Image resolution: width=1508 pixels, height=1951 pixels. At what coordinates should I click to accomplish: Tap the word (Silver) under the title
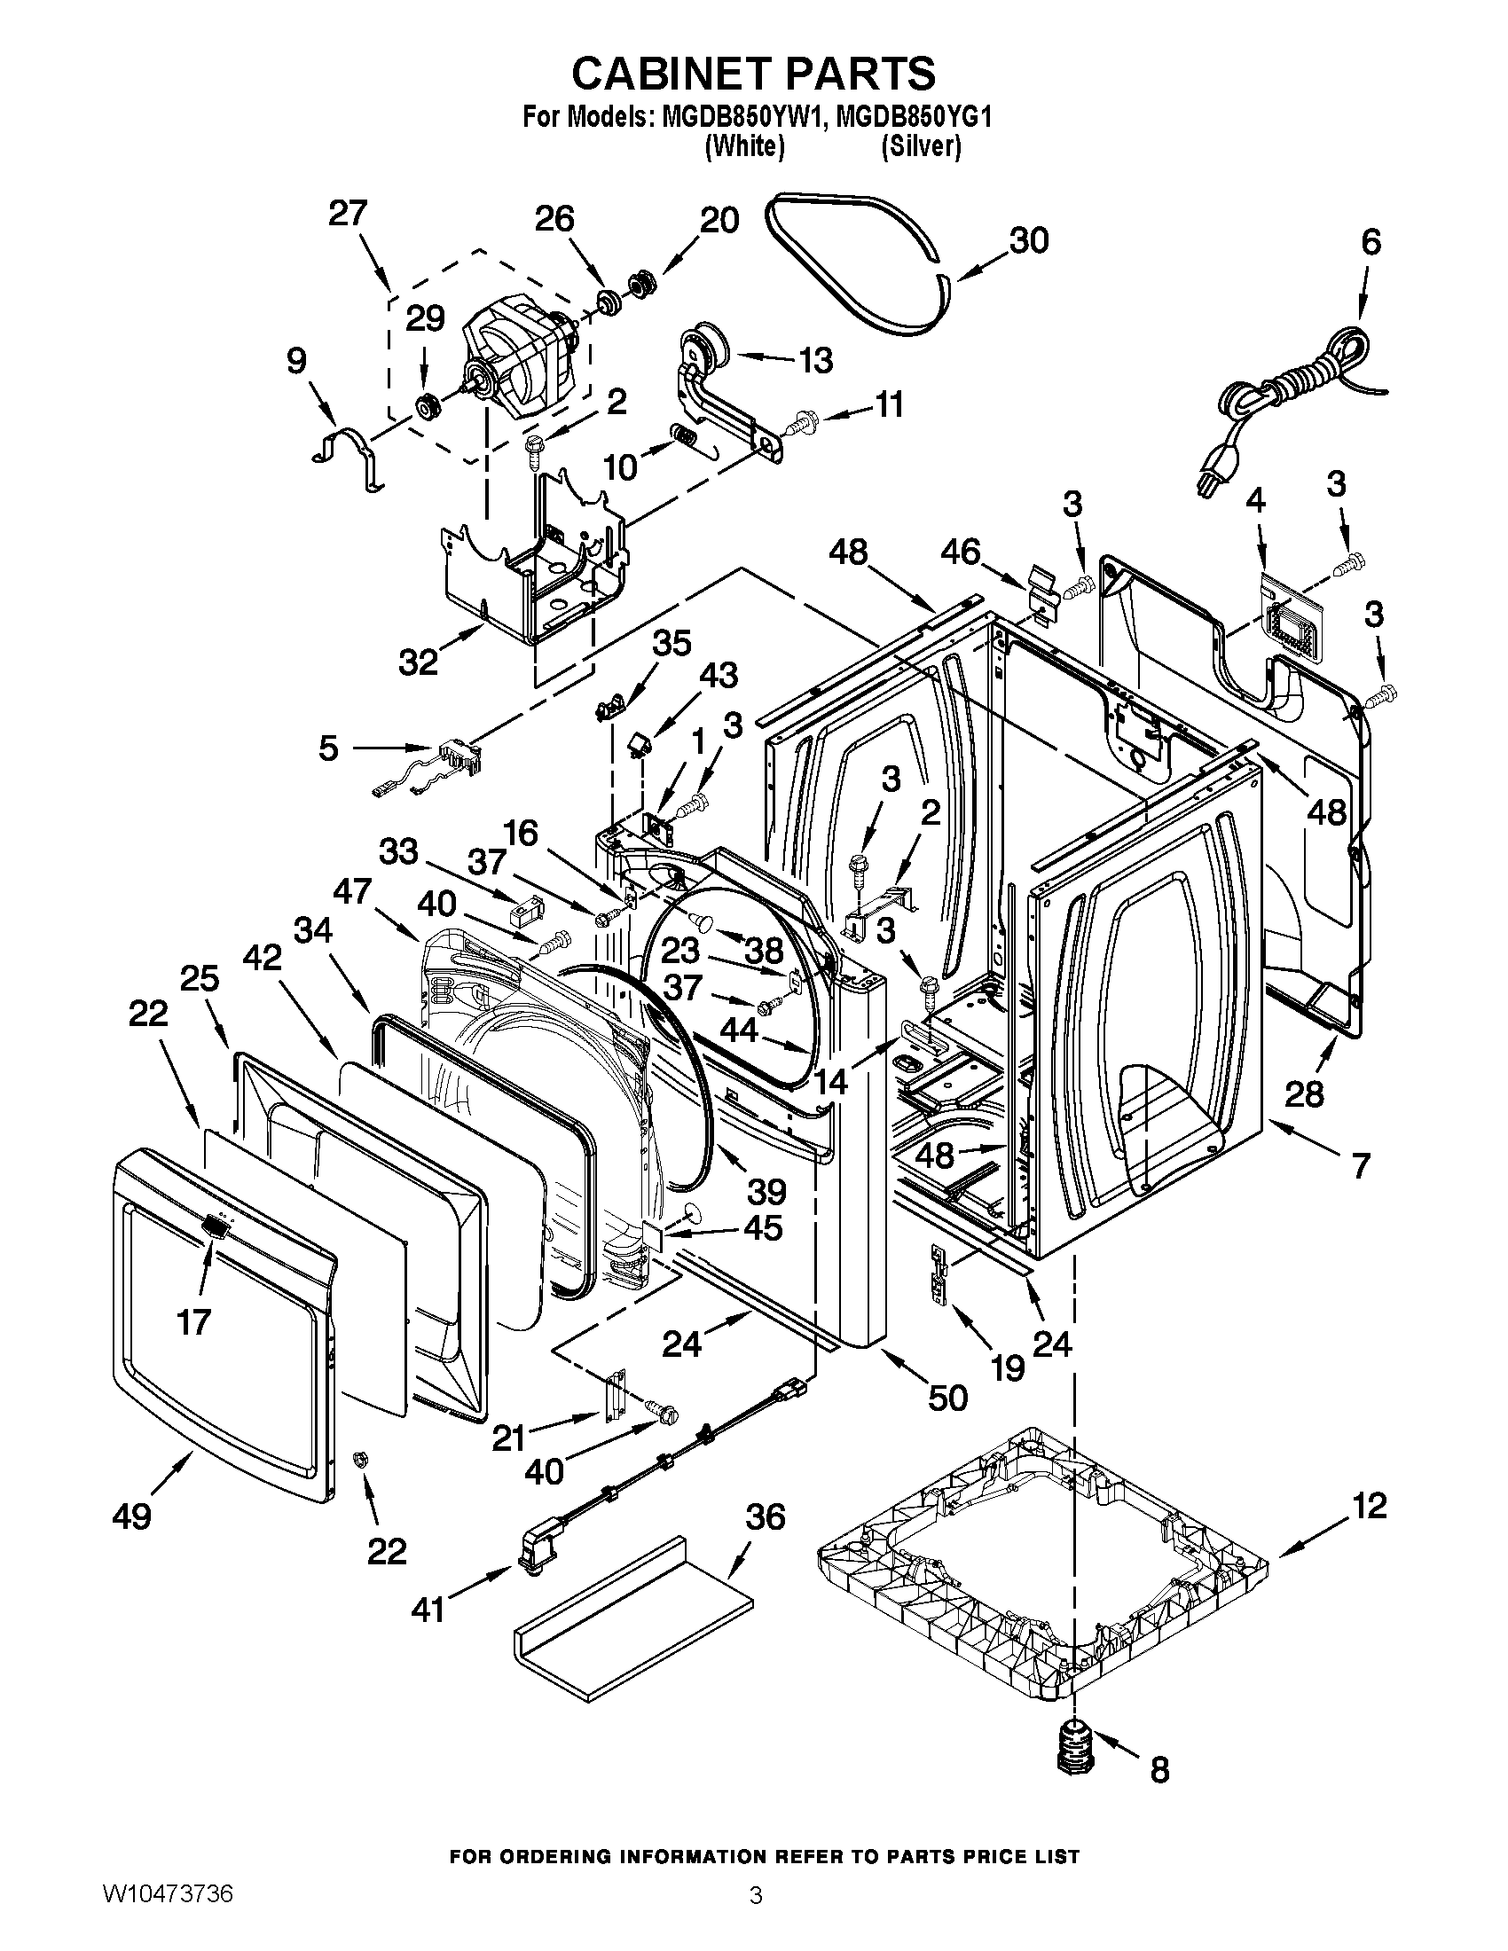click(x=920, y=147)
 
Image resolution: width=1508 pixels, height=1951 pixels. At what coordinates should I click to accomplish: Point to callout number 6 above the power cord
click(x=1371, y=242)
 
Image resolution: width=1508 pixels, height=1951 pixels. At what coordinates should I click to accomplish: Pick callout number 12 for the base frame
click(x=1369, y=1505)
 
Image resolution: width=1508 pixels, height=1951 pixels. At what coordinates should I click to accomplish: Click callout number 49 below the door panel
click(x=132, y=1515)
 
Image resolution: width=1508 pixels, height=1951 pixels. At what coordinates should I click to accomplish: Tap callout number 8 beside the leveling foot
click(x=1158, y=1770)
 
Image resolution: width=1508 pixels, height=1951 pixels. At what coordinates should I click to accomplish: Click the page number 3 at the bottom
click(x=756, y=1918)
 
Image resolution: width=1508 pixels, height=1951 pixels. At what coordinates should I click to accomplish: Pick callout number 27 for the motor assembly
click(x=348, y=214)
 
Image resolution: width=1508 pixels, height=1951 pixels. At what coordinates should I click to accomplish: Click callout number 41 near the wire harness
click(x=428, y=1610)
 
